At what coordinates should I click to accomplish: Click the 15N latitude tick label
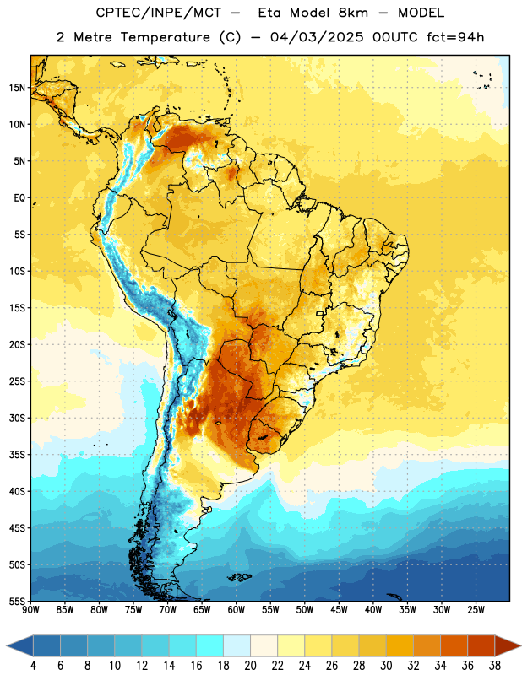tap(17, 88)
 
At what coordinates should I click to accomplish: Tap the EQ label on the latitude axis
tap(19, 198)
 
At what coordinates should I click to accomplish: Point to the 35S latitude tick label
tap(17, 455)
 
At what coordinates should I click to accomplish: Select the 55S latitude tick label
tap(17, 601)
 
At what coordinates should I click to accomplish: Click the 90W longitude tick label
tap(31, 609)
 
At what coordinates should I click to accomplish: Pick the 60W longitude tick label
tap(237, 609)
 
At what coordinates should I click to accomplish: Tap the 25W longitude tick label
tap(476, 609)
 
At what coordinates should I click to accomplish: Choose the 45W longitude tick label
tap(340, 609)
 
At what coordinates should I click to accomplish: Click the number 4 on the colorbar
tap(33, 666)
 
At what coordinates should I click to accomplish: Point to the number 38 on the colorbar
tap(495, 666)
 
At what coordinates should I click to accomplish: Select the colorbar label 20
tap(250, 666)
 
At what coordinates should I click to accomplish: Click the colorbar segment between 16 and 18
tap(210, 645)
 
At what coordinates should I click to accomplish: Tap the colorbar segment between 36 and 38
tap(481, 645)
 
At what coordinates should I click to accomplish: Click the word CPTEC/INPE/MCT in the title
tap(159, 13)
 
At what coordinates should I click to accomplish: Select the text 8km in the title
tap(353, 13)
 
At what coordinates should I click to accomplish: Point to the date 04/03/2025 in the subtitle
tap(317, 37)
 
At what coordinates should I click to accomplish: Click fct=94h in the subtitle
tap(455, 37)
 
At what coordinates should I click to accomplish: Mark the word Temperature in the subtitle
tap(165, 38)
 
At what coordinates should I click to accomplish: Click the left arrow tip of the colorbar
tap(7, 645)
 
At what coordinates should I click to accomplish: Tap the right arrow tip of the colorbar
tap(520, 645)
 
